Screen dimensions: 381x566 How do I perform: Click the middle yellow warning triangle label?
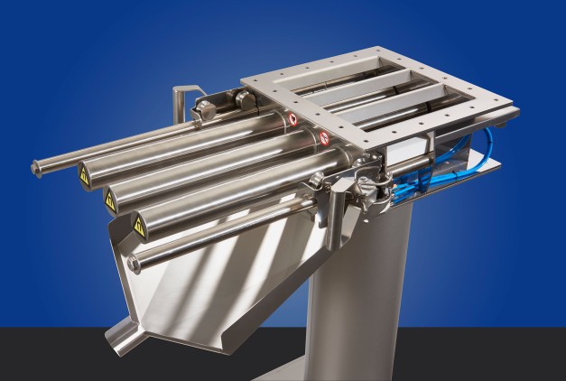coord(110,201)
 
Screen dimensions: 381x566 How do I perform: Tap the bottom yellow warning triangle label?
coord(140,227)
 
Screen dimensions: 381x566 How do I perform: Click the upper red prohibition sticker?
coord(291,117)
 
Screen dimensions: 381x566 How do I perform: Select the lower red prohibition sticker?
coord(324,138)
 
